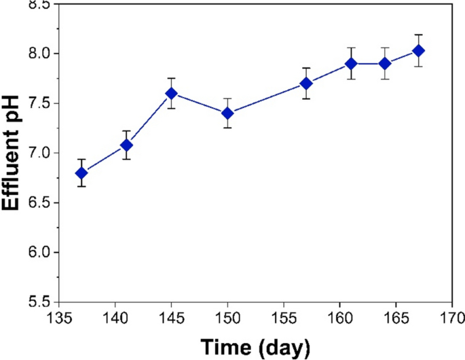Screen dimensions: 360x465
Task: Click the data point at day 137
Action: [x=81, y=173]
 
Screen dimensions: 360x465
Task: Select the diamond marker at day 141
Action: [x=126, y=145]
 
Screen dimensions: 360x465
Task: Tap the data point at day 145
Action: [x=171, y=93]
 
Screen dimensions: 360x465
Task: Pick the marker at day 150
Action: [x=227, y=113]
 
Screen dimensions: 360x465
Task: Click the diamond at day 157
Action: [x=305, y=83]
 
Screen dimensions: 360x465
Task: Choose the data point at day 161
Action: [x=351, y=63]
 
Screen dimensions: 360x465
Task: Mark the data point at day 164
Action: [x=385, y=63]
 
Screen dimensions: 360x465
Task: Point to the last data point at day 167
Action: [x=419, y=51]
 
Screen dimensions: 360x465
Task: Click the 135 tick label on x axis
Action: [x=59, y=318]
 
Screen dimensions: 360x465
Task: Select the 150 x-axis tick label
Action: [x=227, y=318]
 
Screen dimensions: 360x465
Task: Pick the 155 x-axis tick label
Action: [x=283, y=318]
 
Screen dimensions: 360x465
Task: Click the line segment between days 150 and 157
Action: [x=266, y=98]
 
